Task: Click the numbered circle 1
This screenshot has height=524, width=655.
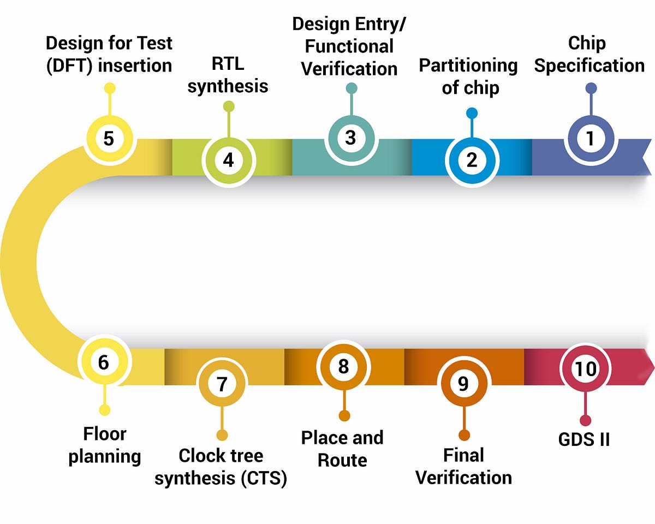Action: (x=590, y=139)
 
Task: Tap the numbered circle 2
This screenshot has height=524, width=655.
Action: (x=472, y=160)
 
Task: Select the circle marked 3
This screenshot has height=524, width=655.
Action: (x=350, y=138)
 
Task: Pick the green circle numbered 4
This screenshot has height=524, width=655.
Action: (x=228, y=160)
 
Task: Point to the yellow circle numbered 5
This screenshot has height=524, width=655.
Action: (x=109, y=138)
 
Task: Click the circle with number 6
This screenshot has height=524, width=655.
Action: (x=104, y=362)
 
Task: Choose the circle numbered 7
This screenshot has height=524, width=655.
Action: (x=222, y=384)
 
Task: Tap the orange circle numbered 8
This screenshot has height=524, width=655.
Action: (x=343, y=366)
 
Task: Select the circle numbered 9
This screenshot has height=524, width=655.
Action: (x=463, y=384)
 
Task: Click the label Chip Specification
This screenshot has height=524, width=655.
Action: (x=588, y=55)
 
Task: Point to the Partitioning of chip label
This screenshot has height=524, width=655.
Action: (x=469, y=76)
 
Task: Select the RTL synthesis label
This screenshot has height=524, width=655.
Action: (x=228, y=75)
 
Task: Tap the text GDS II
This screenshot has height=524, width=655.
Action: (x=584, y=439)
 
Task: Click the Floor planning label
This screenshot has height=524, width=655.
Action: (x=104, y=445)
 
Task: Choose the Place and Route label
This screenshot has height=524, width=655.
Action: (x=342, y=449)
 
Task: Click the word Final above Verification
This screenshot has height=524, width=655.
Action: (x=463, y=455)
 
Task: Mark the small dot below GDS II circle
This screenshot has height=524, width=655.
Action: (x=585, y=420)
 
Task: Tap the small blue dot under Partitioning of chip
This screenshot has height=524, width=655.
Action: (x=472, y=113)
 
